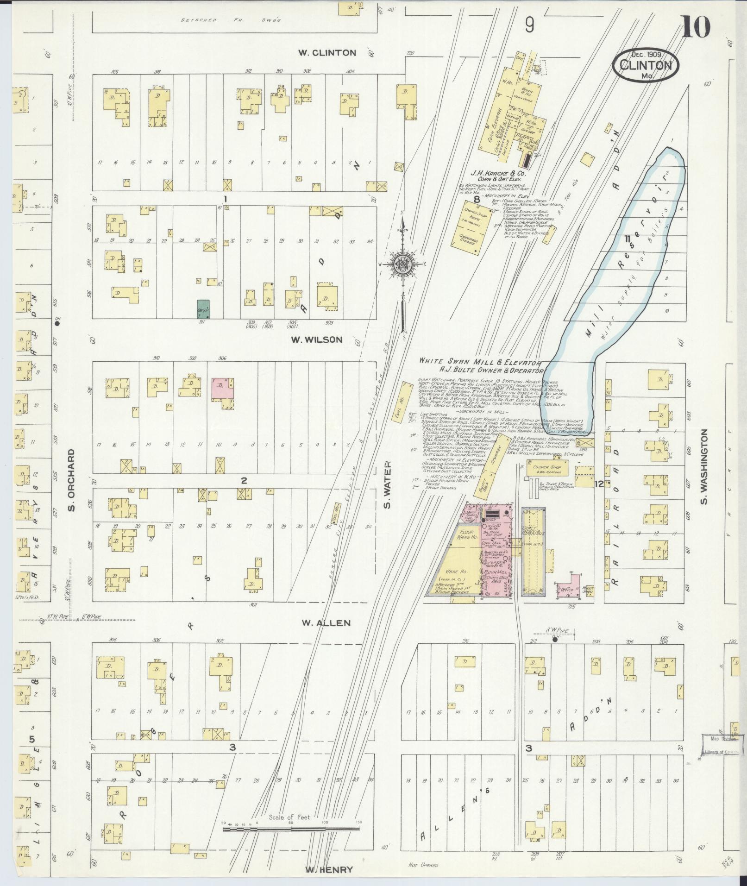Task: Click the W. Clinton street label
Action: tap(327, 53)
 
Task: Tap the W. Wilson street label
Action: tap(317, 340)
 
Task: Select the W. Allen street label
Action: tap(326, 623)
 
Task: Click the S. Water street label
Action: tap(387, 484)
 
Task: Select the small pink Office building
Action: tap(568, 587)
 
